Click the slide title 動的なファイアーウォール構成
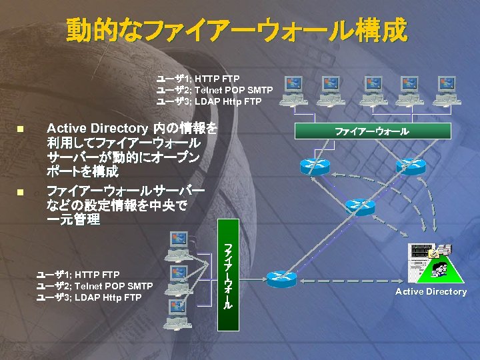coord(236,30)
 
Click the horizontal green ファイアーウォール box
coord(371,131)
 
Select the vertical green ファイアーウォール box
coord(228,275)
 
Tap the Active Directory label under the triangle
coord(431,292)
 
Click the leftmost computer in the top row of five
coord(294,90)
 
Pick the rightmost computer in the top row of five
coord(446,90)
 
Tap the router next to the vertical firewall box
coord(281,279)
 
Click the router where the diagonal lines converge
coord(360,207)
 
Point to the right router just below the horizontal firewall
coord(410,166)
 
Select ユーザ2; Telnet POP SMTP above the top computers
coord(214,90)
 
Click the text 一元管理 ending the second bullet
coord(73,220)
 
